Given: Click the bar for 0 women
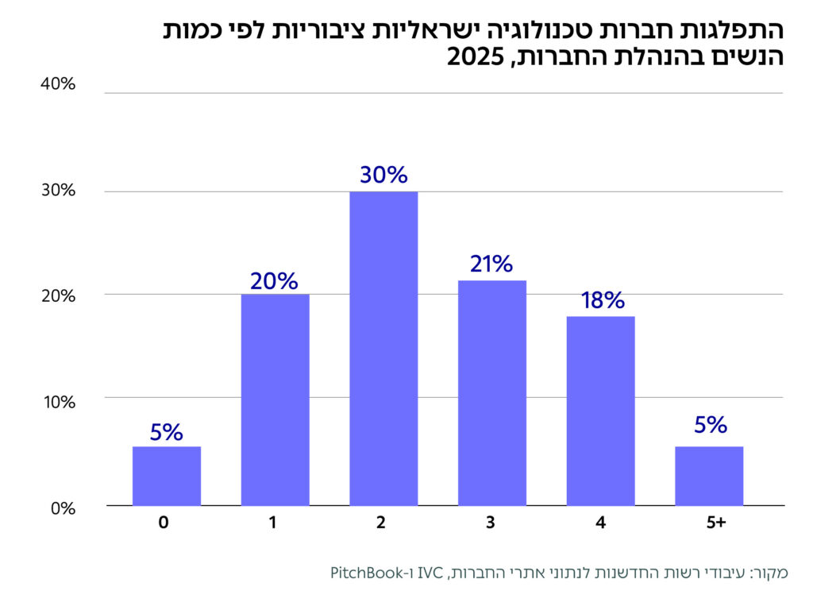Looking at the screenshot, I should (166, 476).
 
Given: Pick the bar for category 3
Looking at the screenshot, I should (491, 392).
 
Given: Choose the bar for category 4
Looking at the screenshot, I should (600, 411).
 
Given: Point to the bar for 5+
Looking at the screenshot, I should (709, 476).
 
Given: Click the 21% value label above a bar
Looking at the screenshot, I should (491, 264).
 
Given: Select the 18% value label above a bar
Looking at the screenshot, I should (600, 300).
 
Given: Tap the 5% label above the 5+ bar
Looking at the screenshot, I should (710, 425).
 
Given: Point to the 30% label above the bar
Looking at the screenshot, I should (383, 175).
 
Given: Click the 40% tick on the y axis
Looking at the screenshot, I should (57, 84).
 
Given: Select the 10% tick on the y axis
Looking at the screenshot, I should (58, 401).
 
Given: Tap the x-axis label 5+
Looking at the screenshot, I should (716, 523).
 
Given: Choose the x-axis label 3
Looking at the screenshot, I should (491, 523).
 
